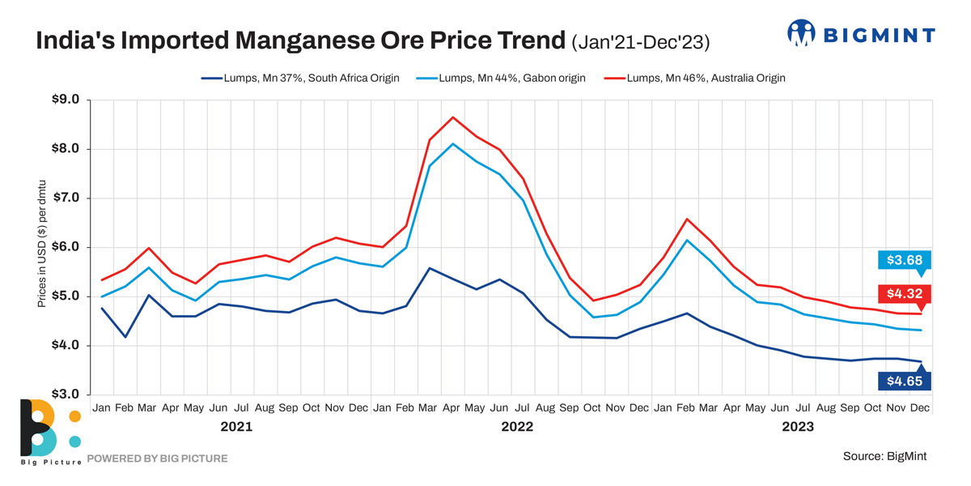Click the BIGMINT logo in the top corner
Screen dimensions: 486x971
click(x=861, y=34)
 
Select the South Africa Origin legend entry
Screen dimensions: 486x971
click(x=300, y=79)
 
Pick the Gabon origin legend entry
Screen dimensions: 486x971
click(x=501, y=79)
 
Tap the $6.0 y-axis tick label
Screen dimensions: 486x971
click(x=66, y=248)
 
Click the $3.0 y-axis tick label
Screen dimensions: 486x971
click(x=66, y=394)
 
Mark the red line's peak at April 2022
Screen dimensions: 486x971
click(x=453, y=117)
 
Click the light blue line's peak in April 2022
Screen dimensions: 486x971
click(x=453, y=144)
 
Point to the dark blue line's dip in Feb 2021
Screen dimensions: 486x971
click(x=125, y=337)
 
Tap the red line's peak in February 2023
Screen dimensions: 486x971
click(x=687, y=219)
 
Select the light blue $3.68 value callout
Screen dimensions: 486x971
click(x=905, y=260)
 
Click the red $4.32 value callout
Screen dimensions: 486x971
click(x=905, y=294)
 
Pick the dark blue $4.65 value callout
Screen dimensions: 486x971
click(x=905, y=381)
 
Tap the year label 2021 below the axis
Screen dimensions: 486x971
click(x=235, y=426)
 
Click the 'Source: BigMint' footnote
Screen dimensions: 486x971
click(x=884, y=456)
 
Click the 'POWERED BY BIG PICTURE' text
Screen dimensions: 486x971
click(x=157, y=458)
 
